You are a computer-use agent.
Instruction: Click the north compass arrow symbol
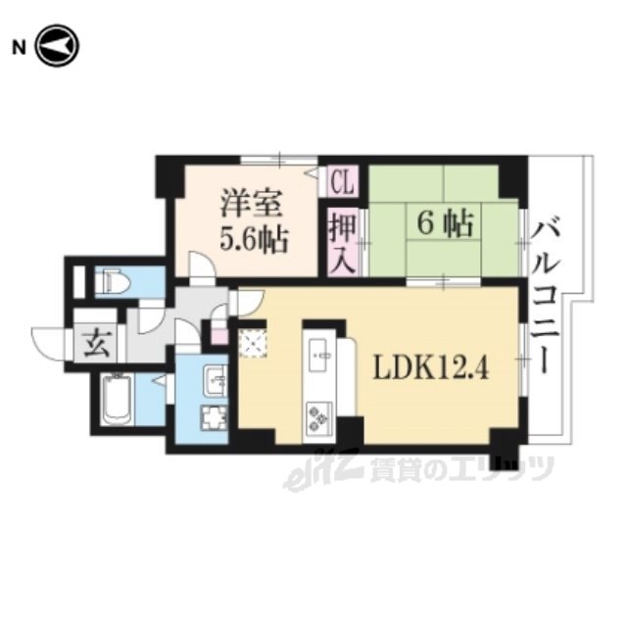click(x=57, y=46)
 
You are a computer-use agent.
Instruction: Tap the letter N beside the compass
click(x=19, y=48)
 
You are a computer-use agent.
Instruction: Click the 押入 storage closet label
click(x=343, y=243)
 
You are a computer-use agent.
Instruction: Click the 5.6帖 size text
click(x=254, y=239)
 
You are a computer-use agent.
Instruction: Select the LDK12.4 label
click(x=431, y=366)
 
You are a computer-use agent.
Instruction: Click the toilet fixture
click(x=112, y=282)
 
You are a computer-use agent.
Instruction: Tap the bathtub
click(x=117, y=400)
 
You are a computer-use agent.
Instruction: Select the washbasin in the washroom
click(x=216, y=380)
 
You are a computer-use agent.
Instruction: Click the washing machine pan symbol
click(x=215, y=418)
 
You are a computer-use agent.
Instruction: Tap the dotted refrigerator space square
click(x=253, y=344)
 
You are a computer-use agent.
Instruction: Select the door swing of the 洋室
click(x=203, y=265)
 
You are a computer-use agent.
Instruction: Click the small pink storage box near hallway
click(x=219, y=336)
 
